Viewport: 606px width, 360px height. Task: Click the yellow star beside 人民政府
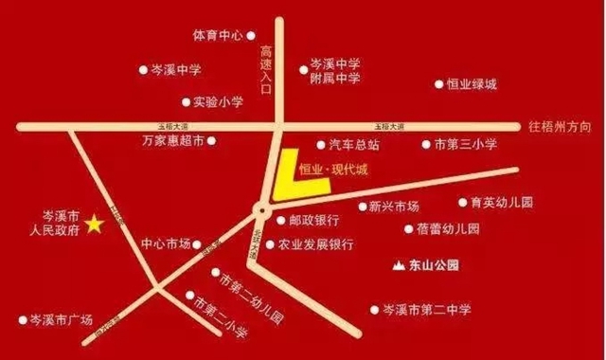coord(95,225)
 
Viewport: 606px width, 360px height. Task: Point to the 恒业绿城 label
coord(472,84)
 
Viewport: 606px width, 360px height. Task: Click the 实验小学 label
coord(218,101)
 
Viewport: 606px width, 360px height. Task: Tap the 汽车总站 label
coord(354,145)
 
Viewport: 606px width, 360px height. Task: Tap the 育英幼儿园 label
coord(502,203)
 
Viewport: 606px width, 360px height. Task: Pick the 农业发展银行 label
coord(315,244)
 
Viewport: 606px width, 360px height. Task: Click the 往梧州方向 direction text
coord(562,125)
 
